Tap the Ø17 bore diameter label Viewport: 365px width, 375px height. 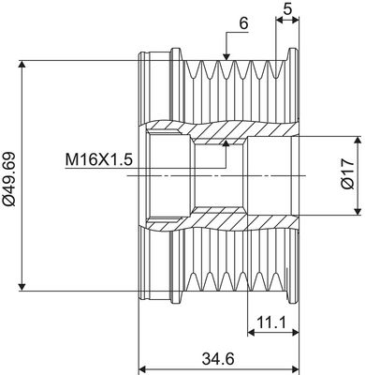coord(347,174)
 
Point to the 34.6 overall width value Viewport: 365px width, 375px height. coord(218,357)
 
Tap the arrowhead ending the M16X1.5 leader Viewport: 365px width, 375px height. coord(226,142)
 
